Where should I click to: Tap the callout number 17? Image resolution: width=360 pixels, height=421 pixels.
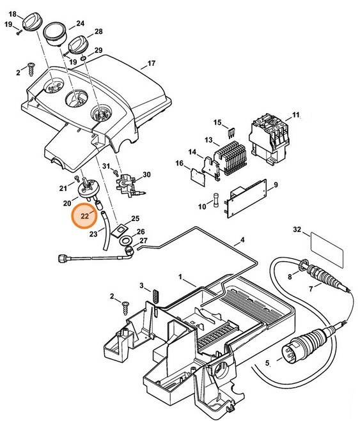click(x=152, y=64)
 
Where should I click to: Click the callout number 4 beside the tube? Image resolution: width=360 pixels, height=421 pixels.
click(x=242, y=241)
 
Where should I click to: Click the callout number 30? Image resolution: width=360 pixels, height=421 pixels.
click(x=146, y=175)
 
